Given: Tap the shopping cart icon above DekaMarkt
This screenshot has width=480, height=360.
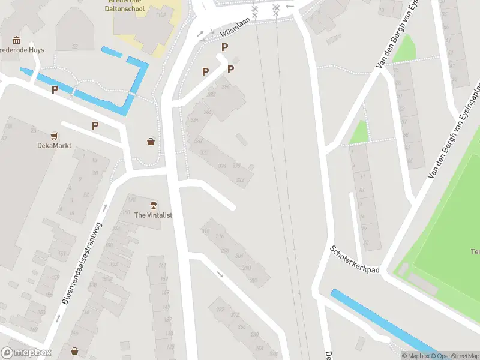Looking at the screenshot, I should click(54, 136).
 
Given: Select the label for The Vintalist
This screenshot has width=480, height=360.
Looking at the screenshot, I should click(153, 215).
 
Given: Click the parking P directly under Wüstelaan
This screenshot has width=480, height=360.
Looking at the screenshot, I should click(225, 47).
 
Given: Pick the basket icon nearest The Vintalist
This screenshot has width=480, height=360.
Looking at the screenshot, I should click(151, 142).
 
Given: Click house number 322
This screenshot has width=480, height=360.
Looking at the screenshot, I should click(241, 179).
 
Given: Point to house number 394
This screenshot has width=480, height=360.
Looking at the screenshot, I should click(226, 87).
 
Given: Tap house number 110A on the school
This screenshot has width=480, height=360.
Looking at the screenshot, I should click(160, 14).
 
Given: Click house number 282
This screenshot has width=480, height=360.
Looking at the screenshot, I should click(220, 309).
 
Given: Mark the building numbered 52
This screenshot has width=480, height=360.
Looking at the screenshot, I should click(75, 46).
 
